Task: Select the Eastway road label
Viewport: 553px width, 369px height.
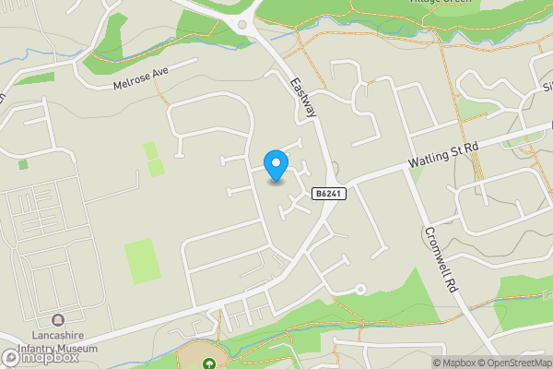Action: [303, 98]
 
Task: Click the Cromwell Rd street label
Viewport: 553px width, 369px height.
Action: [441, 260]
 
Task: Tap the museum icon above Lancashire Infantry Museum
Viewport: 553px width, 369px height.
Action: [58, 320]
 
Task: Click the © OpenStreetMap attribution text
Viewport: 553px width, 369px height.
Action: [513, 363]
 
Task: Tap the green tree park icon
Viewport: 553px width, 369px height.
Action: [209, 363]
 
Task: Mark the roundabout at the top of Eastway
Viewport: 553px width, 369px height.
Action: [245, 25]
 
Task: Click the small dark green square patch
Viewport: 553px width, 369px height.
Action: [23, 164]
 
